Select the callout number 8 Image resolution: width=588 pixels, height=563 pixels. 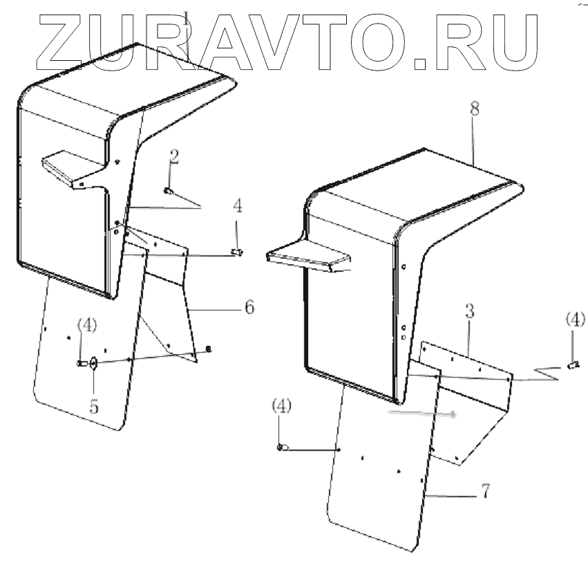click(473, 110)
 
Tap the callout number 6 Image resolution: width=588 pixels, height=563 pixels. click(249, 307)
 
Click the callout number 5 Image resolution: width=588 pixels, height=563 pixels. click(93, 406)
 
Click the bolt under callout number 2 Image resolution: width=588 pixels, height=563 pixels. click(168, 190)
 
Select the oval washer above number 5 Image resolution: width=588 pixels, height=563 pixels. click(93, 364)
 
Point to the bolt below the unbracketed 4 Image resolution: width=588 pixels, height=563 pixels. click(236, 252)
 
